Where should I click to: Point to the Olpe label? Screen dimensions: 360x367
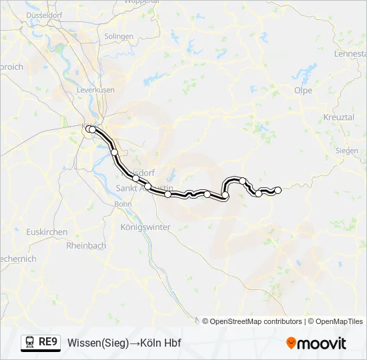(x=303, y=89)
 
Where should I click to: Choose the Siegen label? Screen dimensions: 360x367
(x=346, y=151)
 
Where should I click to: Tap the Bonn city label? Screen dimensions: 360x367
(x=123, y=204)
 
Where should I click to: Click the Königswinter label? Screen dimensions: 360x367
(x=145, y=227)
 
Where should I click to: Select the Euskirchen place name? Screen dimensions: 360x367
(x=45, y=232)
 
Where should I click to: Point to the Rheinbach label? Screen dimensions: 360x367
(x=86, y=245)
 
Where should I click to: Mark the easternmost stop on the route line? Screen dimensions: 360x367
(x=278, y=191)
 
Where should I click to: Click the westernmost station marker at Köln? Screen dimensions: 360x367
(x=88, y=128)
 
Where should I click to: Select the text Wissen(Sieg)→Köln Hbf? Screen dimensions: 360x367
(x=124, y=343)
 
